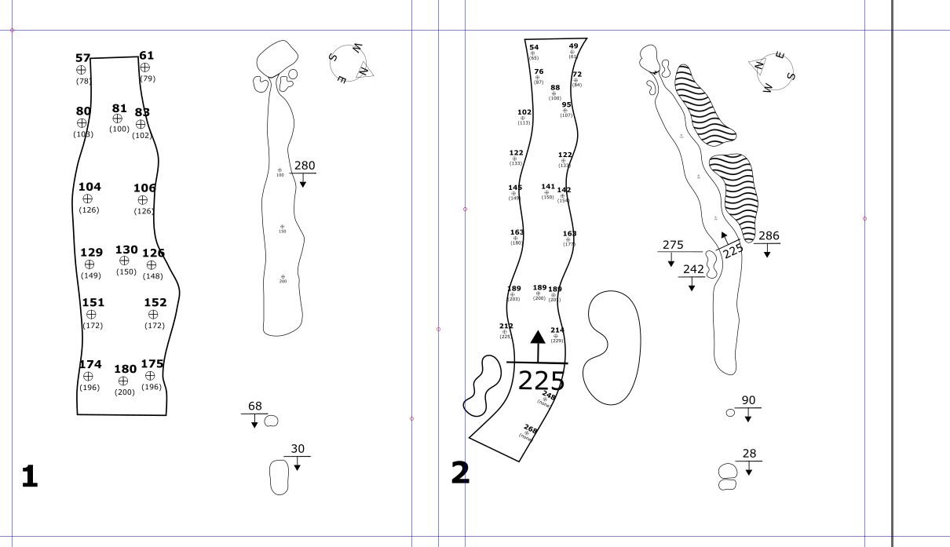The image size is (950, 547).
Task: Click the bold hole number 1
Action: (29, 476)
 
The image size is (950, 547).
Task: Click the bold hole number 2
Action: (460, 472)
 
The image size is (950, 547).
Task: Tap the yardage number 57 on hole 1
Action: (82, 58)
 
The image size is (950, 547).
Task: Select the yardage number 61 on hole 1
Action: (147, 56)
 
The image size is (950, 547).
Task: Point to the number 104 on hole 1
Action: (90, 187)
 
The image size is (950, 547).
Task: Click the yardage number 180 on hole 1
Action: (125, 369)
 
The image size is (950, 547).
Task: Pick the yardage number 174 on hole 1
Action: (90, 364)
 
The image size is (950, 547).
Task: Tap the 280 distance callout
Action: (304, 166)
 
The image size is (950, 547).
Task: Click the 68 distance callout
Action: (255, 406)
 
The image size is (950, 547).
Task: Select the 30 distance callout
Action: (298, 449)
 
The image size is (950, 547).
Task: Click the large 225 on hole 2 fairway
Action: (541, 381)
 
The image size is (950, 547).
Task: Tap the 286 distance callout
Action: (769, 235)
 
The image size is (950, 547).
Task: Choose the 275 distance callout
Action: (673, 244)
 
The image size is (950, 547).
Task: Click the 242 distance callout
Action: (693, 268)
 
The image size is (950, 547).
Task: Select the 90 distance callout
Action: (748, 400)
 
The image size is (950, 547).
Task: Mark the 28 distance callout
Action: (749, 453)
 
